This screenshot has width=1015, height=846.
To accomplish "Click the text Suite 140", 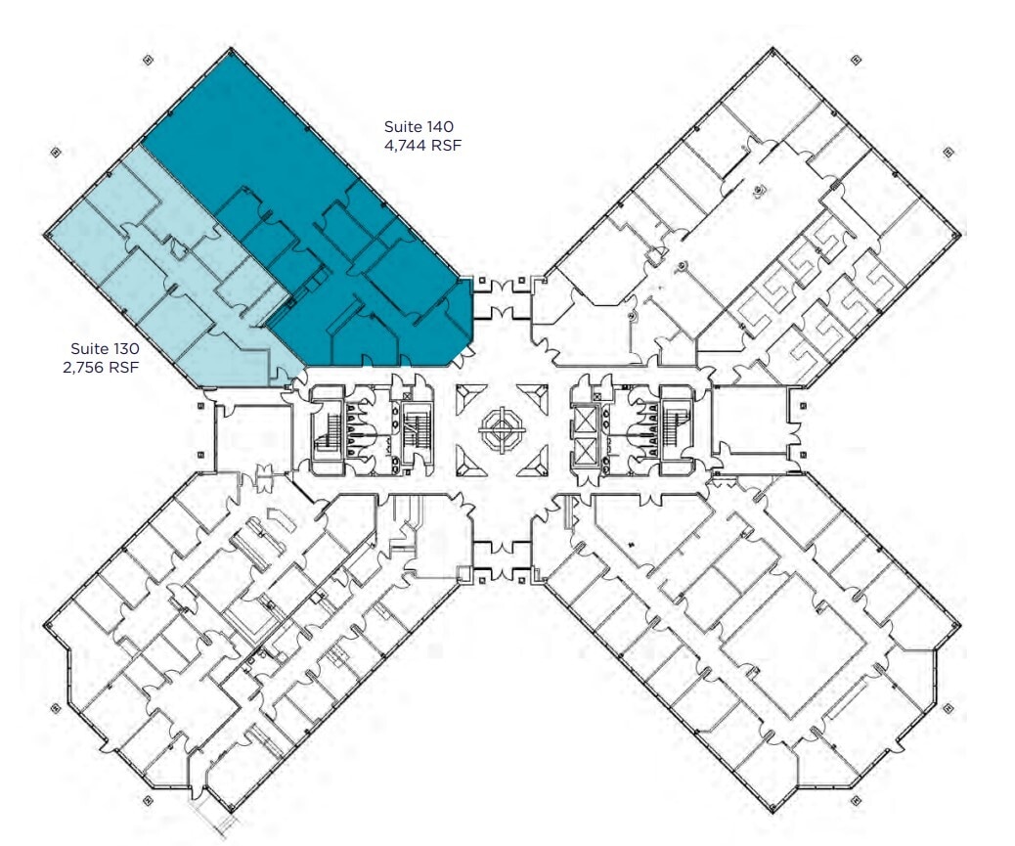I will (x=419, y=126).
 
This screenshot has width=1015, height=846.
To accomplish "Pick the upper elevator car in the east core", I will (x=585, y=419).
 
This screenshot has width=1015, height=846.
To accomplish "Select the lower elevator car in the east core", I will (x=585, y=450).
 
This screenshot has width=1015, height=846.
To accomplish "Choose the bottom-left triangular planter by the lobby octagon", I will (x=467, y=459).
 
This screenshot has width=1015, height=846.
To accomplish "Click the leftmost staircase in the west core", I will (x=327, y=428).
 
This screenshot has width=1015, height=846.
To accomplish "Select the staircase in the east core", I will (x=676, y=428).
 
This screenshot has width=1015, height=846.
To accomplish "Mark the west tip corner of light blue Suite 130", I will (x=47, y=235).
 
